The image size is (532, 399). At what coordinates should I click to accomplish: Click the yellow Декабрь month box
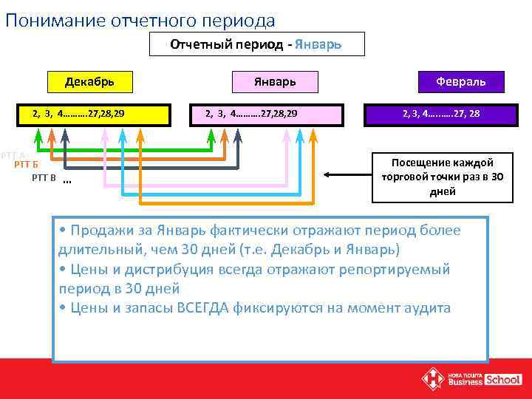pos(89,81)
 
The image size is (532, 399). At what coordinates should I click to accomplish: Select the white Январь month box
pos(275,81)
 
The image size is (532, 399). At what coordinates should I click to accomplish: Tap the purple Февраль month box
pos(451,81)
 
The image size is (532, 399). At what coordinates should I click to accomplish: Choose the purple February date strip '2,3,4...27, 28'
pos(440,114)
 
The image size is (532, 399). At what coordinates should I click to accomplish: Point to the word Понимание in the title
pos(49,20)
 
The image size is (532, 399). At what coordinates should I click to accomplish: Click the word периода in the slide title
pos(236,20)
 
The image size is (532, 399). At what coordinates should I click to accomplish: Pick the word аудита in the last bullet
pos(427,308)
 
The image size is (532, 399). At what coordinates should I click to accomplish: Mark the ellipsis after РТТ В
pos(67,182)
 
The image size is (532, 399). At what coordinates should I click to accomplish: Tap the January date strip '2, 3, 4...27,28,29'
pos(252,114)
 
